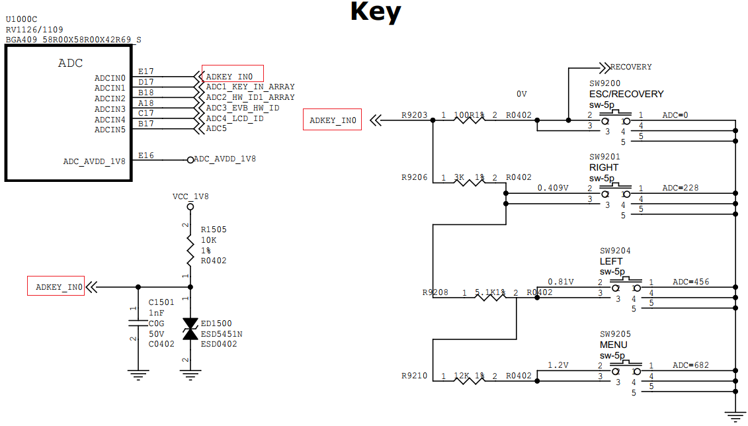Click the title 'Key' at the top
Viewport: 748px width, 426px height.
(375, 12)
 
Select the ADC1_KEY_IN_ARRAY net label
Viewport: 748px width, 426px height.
(250, 87)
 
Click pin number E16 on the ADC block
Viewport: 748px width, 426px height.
(145, 155)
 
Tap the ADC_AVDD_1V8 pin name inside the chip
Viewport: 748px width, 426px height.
(94, 161)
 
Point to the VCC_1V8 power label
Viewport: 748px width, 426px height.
(190, 196)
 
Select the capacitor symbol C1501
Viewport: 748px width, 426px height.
(138, 323)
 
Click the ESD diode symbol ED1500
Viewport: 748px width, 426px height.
(190, 329)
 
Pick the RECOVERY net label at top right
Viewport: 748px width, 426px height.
(630, 67)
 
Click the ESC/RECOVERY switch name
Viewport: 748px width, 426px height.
(626, 94)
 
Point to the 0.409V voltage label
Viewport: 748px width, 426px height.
(553, 188)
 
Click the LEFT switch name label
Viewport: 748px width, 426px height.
(610, 261)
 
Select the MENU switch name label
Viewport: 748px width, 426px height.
(613, 345)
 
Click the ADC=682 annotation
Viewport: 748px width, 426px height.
(690, 365)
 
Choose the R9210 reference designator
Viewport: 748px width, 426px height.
(414, 376)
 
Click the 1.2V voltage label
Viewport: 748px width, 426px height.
(559, 365)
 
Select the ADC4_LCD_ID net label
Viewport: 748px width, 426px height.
(235, 118)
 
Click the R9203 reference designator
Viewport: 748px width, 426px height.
(414, 115)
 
